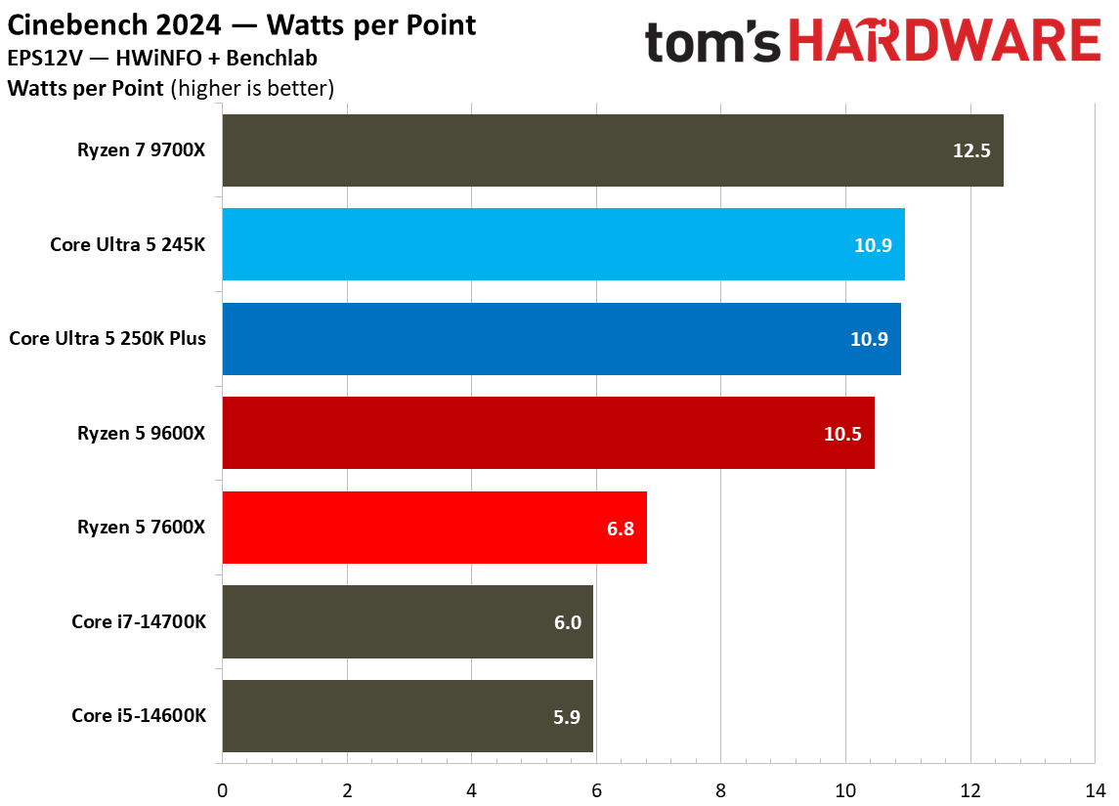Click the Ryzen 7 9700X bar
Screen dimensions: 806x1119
(613, 150)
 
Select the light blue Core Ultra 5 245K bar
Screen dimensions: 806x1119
(563, 244)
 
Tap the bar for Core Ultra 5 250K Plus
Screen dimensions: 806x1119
(561, 339)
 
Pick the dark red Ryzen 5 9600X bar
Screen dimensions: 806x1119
(548, 433)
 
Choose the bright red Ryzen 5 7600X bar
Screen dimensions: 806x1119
(434, 528)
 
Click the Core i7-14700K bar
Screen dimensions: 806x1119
(408, 622)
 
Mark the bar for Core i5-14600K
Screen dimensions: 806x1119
(408, 716)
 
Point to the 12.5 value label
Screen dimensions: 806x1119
(972, 151)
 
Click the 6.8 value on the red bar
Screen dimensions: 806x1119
(621, 529)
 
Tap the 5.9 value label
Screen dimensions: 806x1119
(567, 717)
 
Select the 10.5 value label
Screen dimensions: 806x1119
(842, 434)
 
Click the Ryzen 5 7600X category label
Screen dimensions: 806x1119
(142, 528)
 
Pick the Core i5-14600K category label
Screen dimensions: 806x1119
(139, 716)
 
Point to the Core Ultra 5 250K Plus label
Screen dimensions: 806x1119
(108, 339)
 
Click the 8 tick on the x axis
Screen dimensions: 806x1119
(721, 787)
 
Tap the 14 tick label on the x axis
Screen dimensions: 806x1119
(1095, 787)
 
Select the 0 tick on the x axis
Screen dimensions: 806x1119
(223, 787)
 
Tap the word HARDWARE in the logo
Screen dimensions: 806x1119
(944, 42)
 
